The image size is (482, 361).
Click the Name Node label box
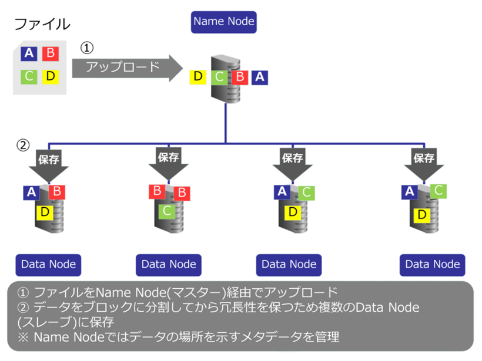[223, 22]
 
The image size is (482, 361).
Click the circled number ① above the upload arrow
[86, 47]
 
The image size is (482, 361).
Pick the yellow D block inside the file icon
[51, 76]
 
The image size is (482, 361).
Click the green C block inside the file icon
[29, 76]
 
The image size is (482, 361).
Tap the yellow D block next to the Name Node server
[198, 76]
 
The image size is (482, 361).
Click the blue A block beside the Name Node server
[260, 76]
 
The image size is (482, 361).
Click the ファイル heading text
[42, 24]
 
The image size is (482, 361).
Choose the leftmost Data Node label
[48, 264]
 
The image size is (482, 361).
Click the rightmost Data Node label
[433, 264]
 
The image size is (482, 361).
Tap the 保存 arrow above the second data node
[168, 161]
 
